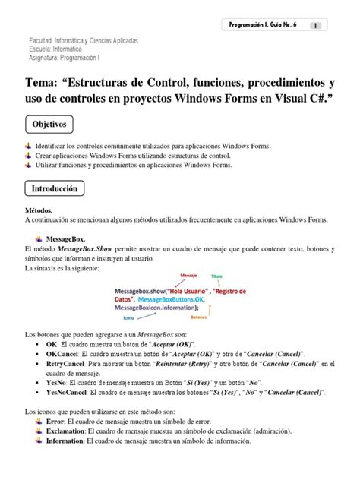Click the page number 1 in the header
[314, 25]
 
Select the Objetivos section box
[50, 123]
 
